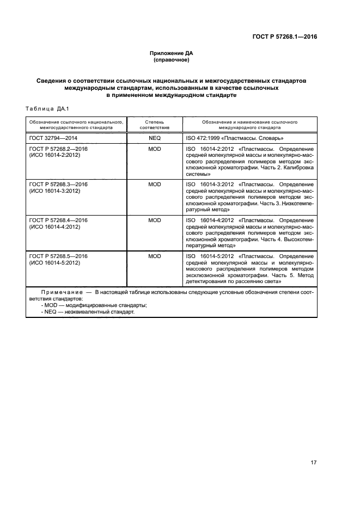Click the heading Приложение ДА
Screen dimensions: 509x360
[x=172, y=53]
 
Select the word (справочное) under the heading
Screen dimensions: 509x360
[x=172, y=60]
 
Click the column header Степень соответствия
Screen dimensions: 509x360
[x=155, y=125]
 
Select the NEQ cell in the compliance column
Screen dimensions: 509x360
[x=155, y=139]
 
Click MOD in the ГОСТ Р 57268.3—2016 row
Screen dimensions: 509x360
[x=155, y=185]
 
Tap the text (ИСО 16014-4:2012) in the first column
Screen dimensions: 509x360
[x=54, y=227]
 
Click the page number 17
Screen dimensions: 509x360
[x=313, y=463]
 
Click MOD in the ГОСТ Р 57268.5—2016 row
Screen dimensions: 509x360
[x=155, y=256]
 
